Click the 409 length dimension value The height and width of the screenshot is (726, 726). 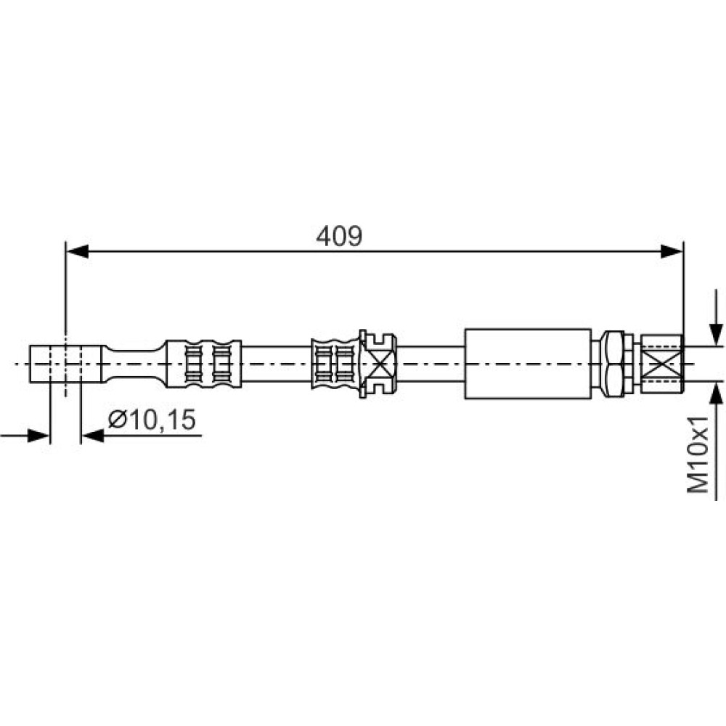[x=339, y=237]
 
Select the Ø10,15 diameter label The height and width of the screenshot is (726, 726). [x=152, y=420]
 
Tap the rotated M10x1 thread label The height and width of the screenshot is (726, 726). [x=698, y=454]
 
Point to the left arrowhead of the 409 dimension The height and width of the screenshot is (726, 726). [x=78, y=252]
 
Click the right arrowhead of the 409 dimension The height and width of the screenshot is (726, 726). [x=672, y=252]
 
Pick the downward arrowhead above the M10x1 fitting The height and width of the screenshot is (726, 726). [x=717, y=334]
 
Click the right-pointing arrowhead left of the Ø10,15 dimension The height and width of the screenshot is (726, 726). [x=38, y=436]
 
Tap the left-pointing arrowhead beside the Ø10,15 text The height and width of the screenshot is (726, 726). [x=92, y=436]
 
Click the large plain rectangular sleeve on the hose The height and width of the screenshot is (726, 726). [x=528, y=364]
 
